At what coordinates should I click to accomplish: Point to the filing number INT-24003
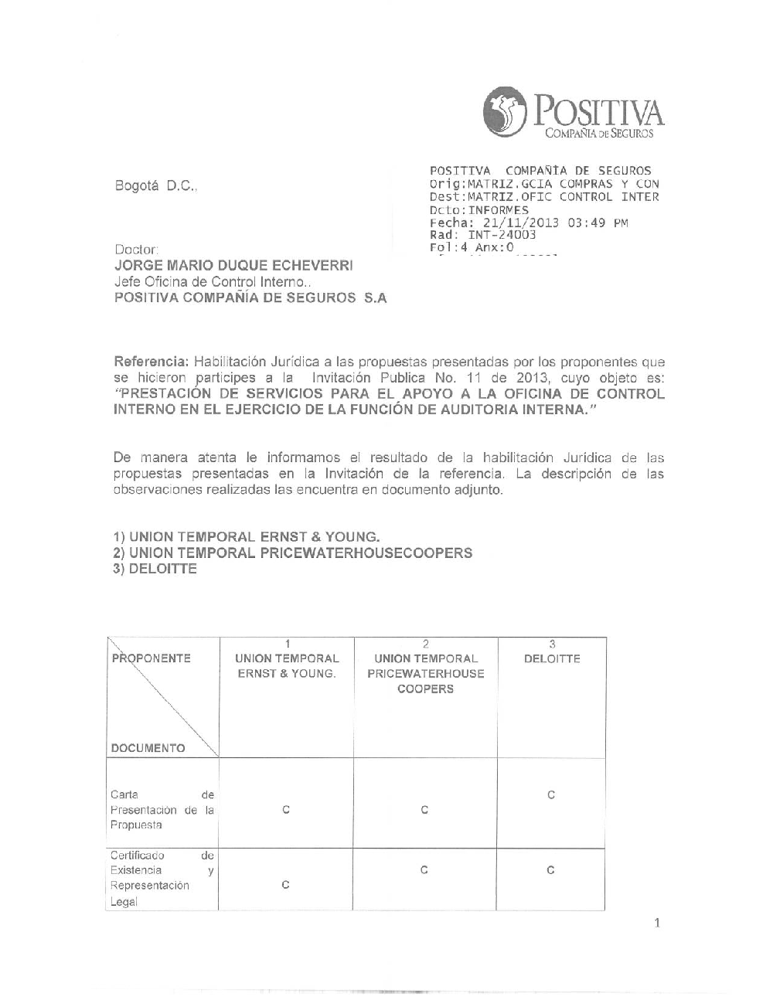502,235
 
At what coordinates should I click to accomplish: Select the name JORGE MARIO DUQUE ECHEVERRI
233,265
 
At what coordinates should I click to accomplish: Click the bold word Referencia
151,361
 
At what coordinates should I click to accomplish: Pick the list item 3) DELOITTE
155,569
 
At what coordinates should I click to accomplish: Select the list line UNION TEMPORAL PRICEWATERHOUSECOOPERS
301,553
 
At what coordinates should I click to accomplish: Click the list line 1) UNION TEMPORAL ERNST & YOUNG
247,536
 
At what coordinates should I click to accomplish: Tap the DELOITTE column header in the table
552,659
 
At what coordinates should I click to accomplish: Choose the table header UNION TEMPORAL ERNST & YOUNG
286,666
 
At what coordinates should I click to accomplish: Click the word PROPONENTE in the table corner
152,659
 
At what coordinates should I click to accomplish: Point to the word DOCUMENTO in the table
148,748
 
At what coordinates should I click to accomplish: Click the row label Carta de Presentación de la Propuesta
162,809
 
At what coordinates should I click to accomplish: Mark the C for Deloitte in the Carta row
551,795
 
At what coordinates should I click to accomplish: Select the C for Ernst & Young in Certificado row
285,885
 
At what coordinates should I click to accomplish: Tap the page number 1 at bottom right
656,922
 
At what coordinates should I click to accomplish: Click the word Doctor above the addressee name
137,250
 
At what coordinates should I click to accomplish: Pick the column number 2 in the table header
425,644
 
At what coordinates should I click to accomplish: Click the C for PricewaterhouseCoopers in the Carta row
424,810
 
